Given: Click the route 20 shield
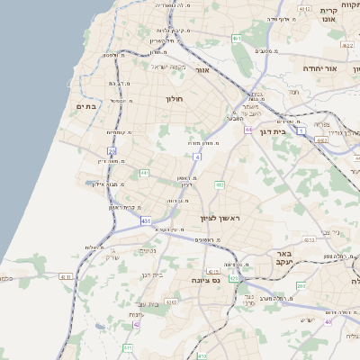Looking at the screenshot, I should click(112, 151).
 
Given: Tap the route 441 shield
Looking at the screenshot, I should click(144, 172).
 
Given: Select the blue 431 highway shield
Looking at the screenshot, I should click(146, 220).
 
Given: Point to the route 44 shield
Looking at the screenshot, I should click(248, 130).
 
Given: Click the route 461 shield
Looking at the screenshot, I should click(236, 39).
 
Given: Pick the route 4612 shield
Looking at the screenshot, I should click(304, 10).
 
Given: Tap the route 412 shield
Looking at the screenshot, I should click(220, 184).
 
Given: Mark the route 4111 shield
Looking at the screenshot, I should click(65, 277).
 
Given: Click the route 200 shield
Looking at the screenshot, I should click(301, 285).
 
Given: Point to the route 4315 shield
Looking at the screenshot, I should click(213, 271).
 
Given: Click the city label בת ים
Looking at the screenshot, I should click(85, 107).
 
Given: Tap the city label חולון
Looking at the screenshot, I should click(175, 99).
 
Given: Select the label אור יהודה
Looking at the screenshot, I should click(319, 68).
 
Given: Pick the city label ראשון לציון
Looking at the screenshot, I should click(221, 218).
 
